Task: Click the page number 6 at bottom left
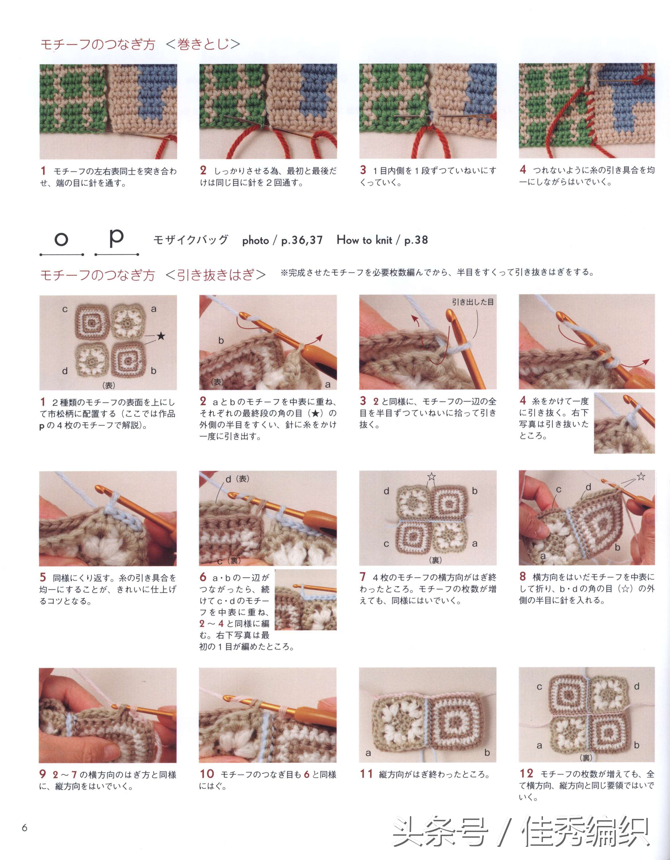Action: tap(25, 828)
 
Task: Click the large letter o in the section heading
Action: tap(61, 239)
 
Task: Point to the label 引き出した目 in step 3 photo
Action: tap(472, 302)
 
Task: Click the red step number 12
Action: tap(526, 773)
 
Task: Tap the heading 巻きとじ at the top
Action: tap(203, 44)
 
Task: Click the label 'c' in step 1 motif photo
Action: tap(65, 310)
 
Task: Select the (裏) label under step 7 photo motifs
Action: tap(435, 560)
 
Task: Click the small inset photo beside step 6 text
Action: tap(306, 599)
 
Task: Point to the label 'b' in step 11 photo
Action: tap(487, 753)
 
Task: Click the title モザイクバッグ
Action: tap(191, 240)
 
